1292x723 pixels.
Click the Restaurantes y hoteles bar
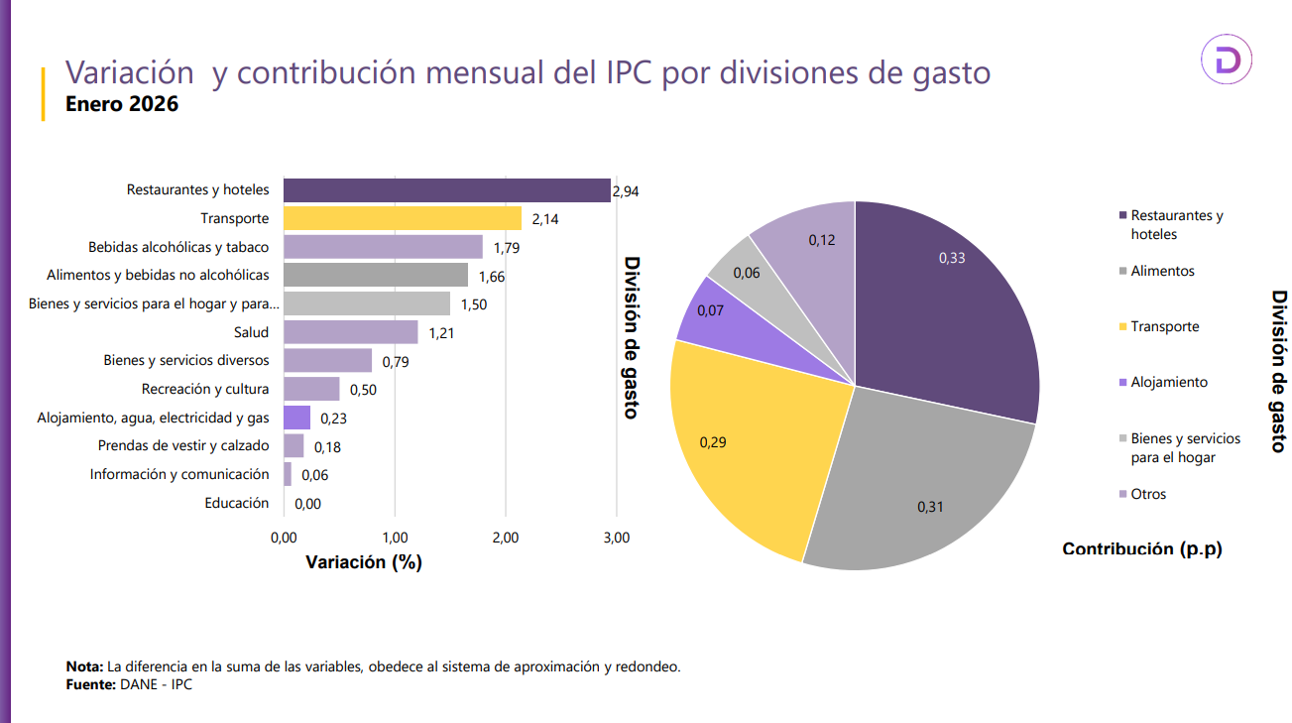click(x=446, y=189)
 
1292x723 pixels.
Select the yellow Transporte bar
click(x=402, y=218)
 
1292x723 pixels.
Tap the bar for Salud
click(x=350, y=332)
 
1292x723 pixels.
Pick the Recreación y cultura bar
click(x=311, y=389)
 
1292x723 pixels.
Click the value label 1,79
click(x=507, y=248)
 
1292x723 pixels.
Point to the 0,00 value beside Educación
click(x=307, y=504)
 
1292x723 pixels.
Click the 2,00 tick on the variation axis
click(x=506, y=538)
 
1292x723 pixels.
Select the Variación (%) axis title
click(x=364, y=562)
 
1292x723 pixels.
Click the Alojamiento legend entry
click(x=1168, y=382)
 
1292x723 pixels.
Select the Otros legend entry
click(x=1148, y=494)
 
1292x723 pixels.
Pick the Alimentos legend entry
click(x=1162, y=271)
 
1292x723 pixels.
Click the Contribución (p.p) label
click(x=1141, y=548)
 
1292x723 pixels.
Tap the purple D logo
click(x=1227, y=60)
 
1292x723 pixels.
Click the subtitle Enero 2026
click(x=121, y=103)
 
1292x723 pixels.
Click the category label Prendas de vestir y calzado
click(x=183, y=446)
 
